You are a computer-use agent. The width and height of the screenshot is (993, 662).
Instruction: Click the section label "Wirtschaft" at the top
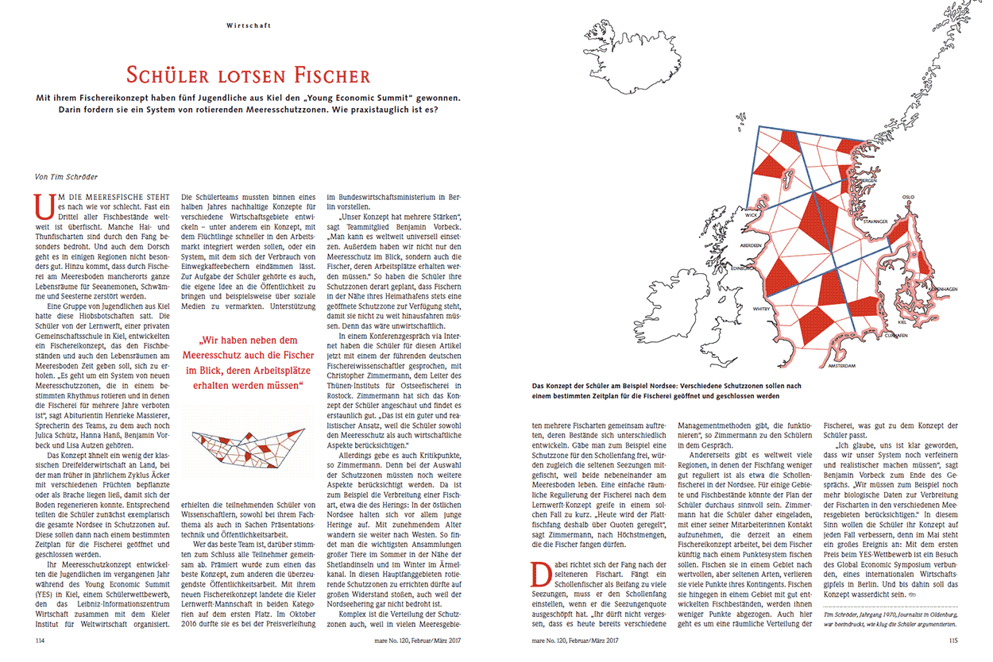(x=249, y=25)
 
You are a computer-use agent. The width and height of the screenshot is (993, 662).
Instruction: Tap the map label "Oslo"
(x=908, y=197)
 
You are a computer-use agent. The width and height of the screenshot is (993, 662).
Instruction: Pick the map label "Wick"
(x=752, y=214)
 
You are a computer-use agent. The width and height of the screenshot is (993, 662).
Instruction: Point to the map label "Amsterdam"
(x=840, y=366)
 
